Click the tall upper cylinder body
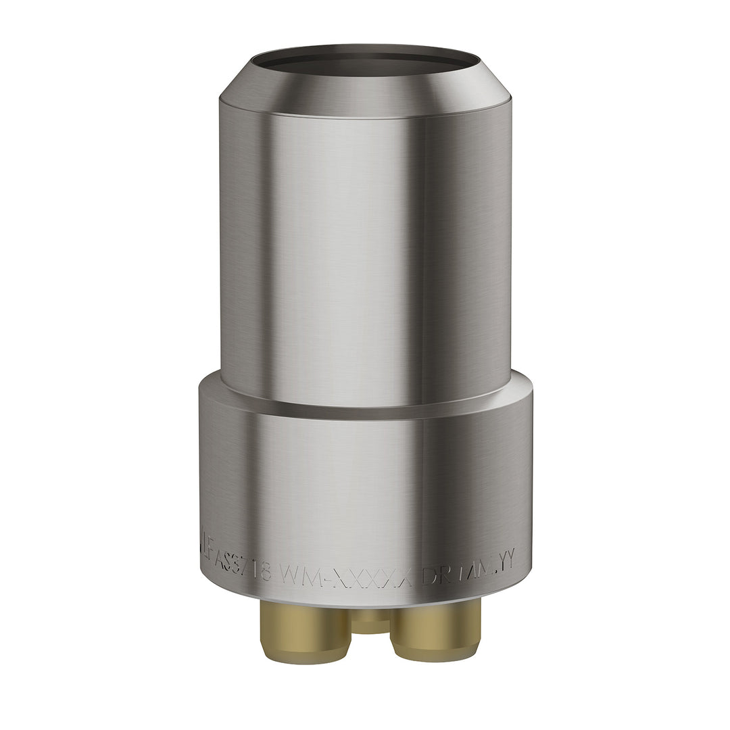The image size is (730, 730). pos(365,257)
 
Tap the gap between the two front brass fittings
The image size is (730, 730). pos(370,646)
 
